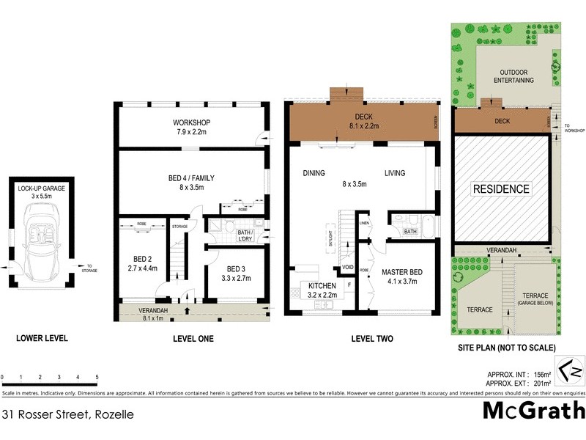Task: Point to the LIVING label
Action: tap(395, 174)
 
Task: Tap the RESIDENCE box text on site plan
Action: tap(500, 189)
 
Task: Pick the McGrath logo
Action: tap(533, 411)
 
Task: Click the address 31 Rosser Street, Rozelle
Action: tap(68, 414)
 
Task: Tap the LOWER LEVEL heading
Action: tap(42, 339)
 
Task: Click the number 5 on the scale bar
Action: tap(97, 378)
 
